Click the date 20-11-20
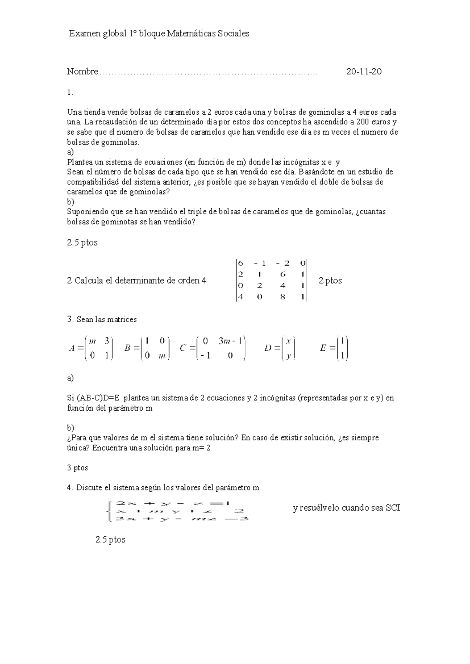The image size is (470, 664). [x=364, y=72]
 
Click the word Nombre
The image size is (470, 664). [x=82, y=72]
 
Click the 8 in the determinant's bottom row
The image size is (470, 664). [x=282, y=297]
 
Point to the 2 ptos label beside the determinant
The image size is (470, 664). [x=330, y=280]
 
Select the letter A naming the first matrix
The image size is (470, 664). [x=72, y=348]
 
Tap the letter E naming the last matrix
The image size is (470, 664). [x=323, y=348]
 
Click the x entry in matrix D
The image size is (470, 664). [x=288, y=341]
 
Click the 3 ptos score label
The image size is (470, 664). [x=78, y=468]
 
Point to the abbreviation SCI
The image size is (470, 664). [x=393, y=508]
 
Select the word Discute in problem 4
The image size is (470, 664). [x=89, y=488]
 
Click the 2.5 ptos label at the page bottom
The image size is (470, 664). [x=110, y=539]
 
